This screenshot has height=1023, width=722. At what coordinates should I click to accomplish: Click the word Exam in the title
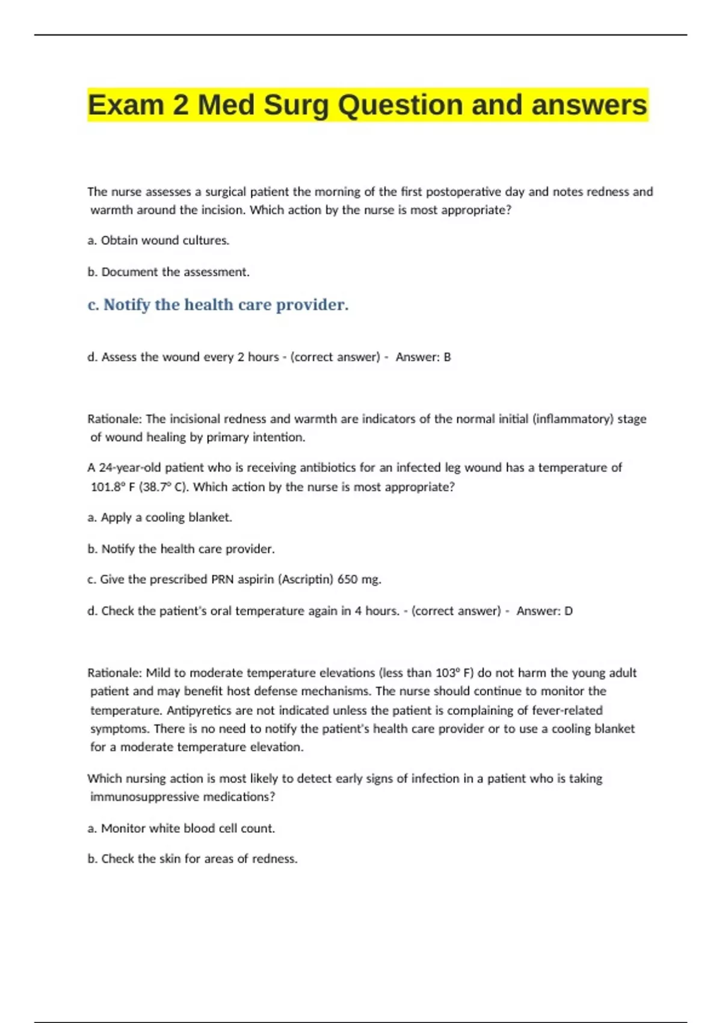(x=125, y=105)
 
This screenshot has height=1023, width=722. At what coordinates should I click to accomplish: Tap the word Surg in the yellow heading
(x=296, y=105)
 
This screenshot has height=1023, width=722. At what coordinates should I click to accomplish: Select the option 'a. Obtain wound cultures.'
(x=158, y=241)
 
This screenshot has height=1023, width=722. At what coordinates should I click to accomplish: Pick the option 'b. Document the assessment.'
(x=168, y=272)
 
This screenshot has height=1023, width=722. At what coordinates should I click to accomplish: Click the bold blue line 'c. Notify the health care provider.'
(x=218, y=305)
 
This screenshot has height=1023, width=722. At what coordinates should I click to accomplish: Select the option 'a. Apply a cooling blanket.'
(x=159, y=518)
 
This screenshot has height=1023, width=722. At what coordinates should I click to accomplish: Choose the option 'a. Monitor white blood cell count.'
(x=181, y=829)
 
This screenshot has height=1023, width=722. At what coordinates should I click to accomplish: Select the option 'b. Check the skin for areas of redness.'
(x=193, y=859)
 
